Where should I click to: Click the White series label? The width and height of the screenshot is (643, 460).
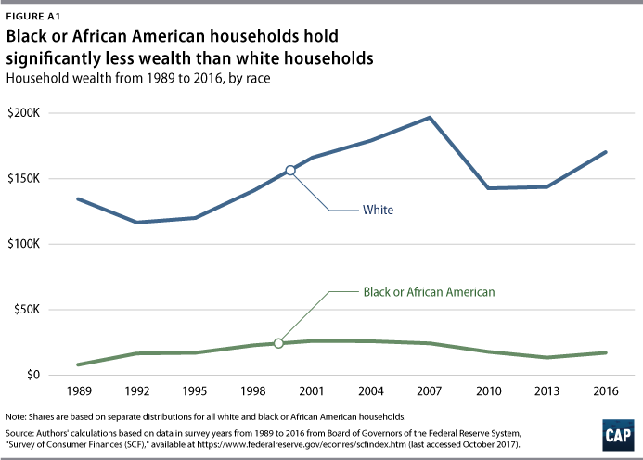(x=378, y=211)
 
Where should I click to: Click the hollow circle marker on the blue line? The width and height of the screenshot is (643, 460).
(x=290, y=170)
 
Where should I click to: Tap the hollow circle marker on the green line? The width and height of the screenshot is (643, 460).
(x=278, y=343)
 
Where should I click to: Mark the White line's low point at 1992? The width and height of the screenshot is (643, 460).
(x=136, y=223)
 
